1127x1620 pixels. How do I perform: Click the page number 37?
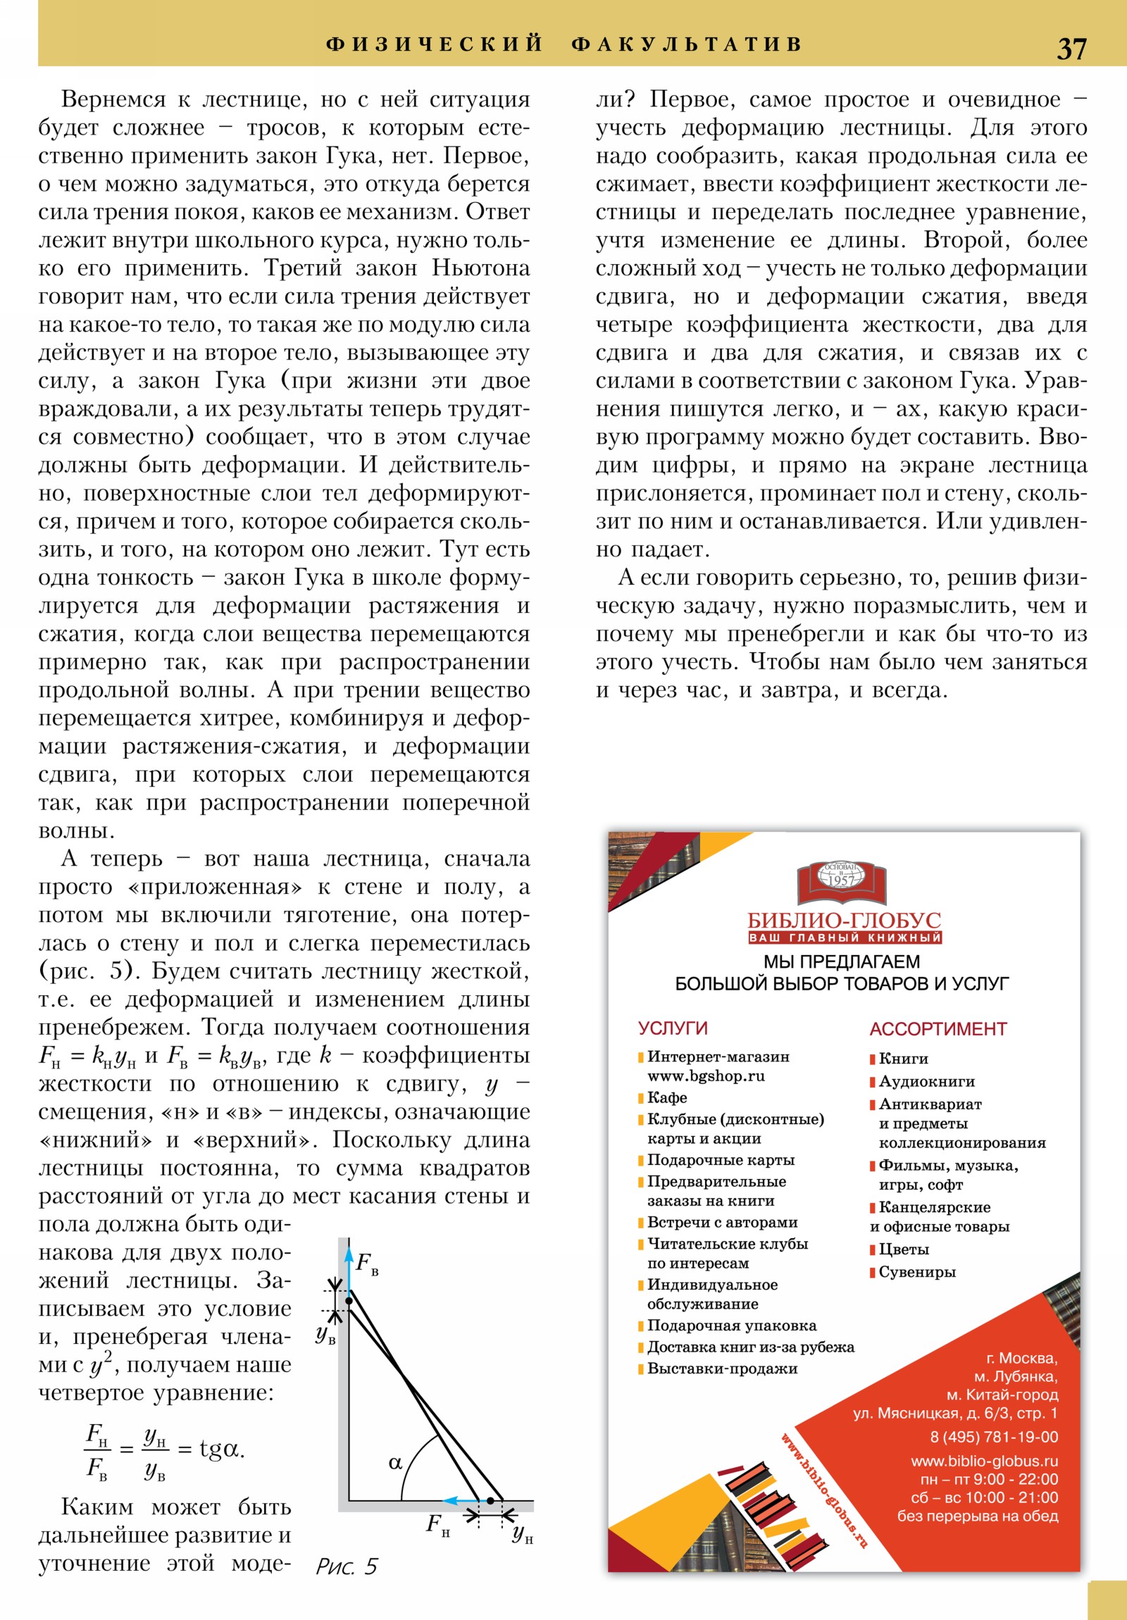1071,49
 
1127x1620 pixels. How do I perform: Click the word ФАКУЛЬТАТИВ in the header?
687,44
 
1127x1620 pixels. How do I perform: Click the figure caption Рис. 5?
347,1566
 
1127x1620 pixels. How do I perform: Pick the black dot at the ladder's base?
490,1501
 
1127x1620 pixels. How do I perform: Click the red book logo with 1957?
842,883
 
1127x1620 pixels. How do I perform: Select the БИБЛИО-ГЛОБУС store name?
844,921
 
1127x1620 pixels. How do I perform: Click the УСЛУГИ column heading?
673,1028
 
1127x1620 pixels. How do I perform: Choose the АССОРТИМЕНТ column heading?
938,1029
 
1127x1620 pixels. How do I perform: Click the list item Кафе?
667,1097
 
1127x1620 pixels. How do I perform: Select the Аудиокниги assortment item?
926,1081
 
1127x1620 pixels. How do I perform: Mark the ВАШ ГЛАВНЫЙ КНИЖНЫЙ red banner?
845,937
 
